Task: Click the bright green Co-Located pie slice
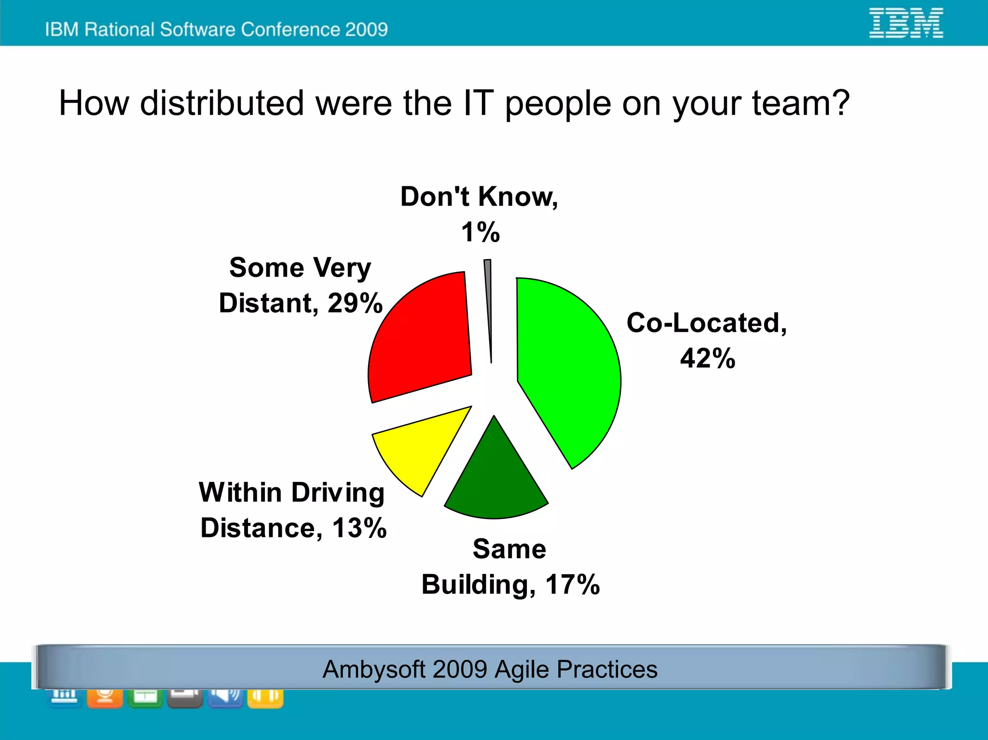coord(564,367)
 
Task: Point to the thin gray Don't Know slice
coord(488,299)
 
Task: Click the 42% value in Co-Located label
coord(707,358)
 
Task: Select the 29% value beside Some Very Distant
coord(355,303)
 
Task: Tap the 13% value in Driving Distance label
coord(359,528)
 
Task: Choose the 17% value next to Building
coord(572,585)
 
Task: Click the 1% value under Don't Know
coord(480,232)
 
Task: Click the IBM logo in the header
coord(906,23)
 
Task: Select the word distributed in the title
coord(222,103)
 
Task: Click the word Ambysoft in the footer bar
coord(374,670)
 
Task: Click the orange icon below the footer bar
coord(105,698)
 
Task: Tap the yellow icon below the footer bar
coord(265,698)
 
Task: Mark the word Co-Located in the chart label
coord(706,323)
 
